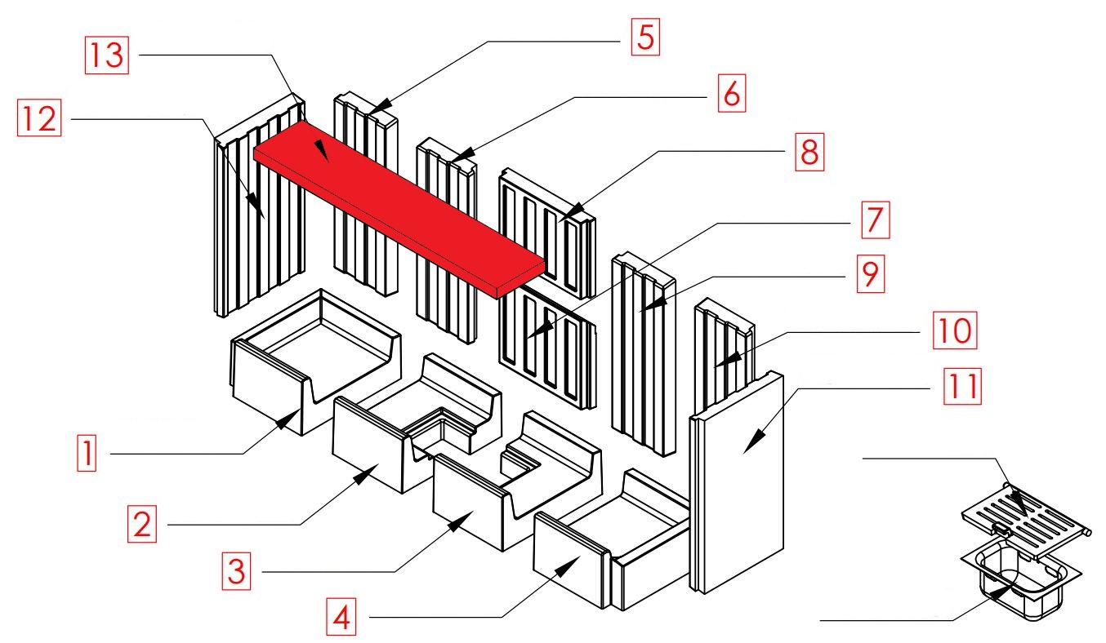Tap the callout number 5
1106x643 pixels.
tap(644, 38)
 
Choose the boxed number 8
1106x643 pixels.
tap(808, 152)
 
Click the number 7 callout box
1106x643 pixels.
tap(873, 222)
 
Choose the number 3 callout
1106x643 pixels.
tap(236, 570)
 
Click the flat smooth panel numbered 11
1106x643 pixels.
tap(739, 481)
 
